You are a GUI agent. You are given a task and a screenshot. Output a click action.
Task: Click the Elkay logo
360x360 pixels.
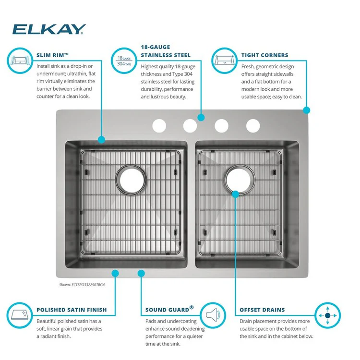[x=49, y=29]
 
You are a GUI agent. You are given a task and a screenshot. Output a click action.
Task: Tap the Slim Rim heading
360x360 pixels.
[x=53, y=55]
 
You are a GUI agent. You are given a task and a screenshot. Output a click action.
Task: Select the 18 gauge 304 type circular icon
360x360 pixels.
[x=124, y=60]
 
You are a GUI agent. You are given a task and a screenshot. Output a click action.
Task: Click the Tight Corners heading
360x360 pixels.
[x=264, y=55]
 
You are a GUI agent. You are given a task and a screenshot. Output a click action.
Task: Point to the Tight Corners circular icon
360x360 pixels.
[x=224, y=60]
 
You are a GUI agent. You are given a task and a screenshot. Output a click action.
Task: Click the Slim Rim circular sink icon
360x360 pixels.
[x=20, y=60]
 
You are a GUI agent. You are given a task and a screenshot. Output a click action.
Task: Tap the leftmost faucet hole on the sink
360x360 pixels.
[x=159, y=126]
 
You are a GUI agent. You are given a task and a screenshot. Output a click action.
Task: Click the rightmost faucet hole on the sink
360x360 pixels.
[x=253, y=126]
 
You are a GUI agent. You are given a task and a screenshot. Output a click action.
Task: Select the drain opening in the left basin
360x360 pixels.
[x=131, y=180]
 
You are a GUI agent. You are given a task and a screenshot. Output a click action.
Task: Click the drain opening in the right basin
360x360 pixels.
[x=240, y=180]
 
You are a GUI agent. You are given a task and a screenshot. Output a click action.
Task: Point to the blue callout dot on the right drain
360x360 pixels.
[x=236, y=194]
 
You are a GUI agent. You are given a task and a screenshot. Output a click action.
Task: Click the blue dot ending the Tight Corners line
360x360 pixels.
[x=307, y=110]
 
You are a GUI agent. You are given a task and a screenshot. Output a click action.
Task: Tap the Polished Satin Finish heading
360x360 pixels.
[x=72, y=310]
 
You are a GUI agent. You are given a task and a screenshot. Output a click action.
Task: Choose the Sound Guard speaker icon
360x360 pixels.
[x=213, y=315]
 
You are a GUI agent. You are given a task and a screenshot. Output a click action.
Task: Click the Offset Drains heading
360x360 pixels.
[x=262, y=310]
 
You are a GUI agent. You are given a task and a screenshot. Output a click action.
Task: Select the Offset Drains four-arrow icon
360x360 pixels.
[x=328, y=315]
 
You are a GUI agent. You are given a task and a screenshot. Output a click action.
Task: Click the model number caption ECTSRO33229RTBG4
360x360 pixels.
[x=82, y=285]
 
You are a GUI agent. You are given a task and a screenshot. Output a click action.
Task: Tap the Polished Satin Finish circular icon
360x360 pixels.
[x=20, y=315]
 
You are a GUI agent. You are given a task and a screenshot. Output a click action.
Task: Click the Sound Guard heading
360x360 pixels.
[x=169, y=309]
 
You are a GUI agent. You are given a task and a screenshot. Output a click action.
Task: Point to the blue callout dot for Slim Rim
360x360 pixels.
[x=101, y=140]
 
